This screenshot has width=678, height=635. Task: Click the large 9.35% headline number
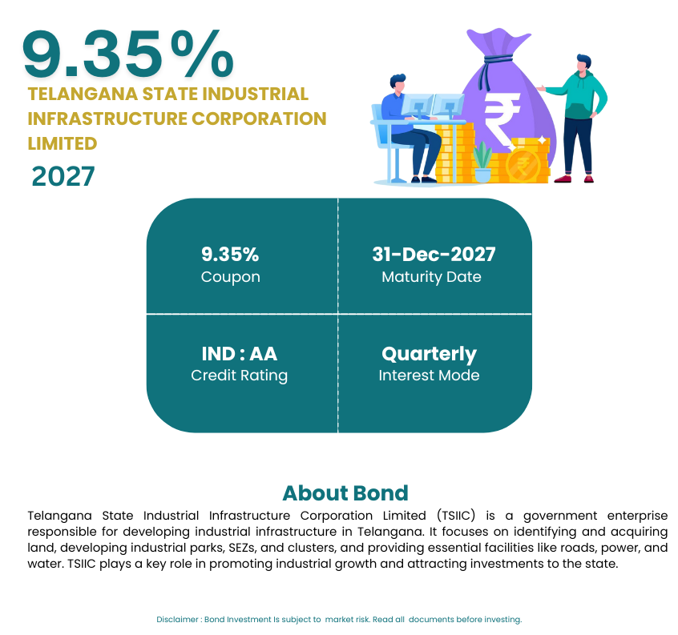(x=128, y=54)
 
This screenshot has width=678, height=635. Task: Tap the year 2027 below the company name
(x=63, y=176)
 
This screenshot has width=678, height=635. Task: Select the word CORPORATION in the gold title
(x=259, y=119)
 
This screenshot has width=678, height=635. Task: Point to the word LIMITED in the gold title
(x=63, y=143)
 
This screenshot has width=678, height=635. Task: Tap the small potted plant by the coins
(x=482, y=162)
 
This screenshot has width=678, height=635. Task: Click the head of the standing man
(x=583, y=63)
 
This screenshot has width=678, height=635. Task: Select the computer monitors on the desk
(x=433, y=107)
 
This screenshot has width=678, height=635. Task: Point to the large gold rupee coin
(x=523, y=166)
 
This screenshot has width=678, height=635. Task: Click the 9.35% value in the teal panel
(x=230, y=254)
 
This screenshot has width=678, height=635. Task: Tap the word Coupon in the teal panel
(x=231, y=277)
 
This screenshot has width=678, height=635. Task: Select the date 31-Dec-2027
(x=434, y=254)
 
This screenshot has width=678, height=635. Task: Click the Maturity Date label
(x=431, y=277)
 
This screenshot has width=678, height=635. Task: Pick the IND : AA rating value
(x=239, y=354)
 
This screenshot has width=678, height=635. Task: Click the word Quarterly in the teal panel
(x=429, y=355)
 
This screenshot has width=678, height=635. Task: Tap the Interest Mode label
(x=429, y=376)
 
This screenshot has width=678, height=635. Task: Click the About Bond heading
(x=345, y=493)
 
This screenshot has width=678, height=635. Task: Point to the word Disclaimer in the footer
(x=177, y=620)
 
